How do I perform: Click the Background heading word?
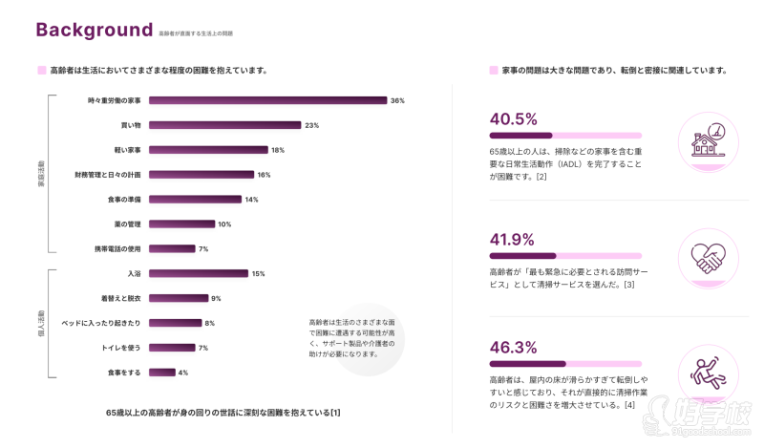(x=94, y=30)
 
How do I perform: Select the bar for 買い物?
(x=224, y=125)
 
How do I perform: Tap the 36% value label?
(x=397, y=100)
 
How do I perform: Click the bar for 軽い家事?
(x=208, y=150)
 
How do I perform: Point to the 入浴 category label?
(x=134, y=274)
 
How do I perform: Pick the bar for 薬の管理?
(x=181, y=224)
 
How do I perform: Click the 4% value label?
(x=182, y=373)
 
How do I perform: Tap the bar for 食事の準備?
(x=195, y=200)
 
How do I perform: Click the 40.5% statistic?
(x=514, y=119)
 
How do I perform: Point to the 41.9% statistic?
(x=514, y=240)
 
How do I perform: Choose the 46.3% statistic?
(x=514, y=347)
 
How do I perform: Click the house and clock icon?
(x=708, y=141)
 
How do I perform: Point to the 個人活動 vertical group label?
(x=41, y=324)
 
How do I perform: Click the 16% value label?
(x=264, y=175)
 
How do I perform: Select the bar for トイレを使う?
(x=172, y=348)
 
